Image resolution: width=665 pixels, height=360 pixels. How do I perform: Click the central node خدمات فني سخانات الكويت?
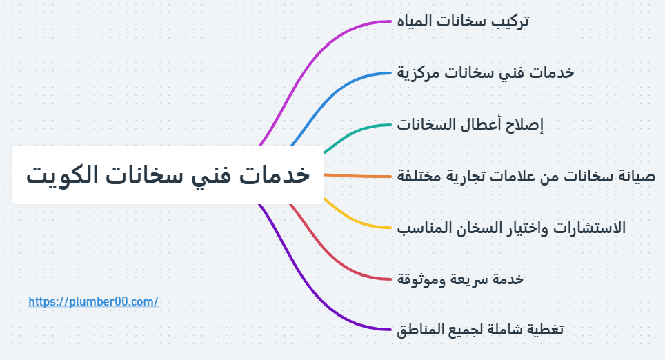[168, 174]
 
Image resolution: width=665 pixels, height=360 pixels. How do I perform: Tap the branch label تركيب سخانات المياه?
[463, 21]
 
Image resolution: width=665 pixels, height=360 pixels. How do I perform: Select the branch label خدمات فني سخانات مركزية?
[486, 73]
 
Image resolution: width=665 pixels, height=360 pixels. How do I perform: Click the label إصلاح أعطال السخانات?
[470, 125]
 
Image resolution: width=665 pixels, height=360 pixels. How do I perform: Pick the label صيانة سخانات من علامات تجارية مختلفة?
[526, 176]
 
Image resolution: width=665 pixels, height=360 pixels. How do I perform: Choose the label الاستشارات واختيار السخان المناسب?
[511, 228]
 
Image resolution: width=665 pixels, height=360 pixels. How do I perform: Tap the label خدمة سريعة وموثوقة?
[460, 279]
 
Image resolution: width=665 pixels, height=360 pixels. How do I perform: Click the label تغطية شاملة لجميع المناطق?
[480, 330]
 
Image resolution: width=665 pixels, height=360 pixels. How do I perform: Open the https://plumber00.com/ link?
[93, 301]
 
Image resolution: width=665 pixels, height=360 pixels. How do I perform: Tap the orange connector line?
[357, 176]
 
